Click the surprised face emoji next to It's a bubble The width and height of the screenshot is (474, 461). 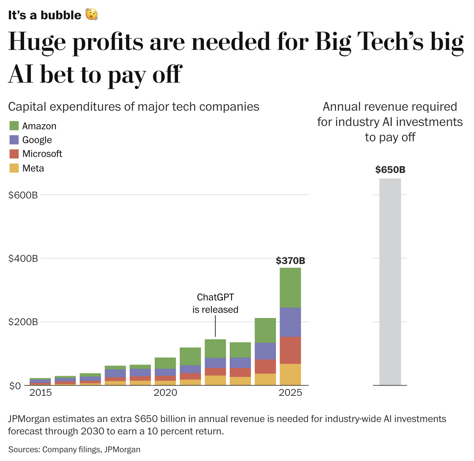[91, 15]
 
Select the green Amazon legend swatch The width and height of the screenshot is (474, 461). [14, 126]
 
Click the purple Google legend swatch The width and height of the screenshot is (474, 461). [14, 140]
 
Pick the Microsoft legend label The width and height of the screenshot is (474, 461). [42, 154]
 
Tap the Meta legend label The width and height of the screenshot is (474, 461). [33, 168]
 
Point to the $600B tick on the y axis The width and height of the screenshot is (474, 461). [23, 195]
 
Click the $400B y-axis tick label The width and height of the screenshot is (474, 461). [23, 259]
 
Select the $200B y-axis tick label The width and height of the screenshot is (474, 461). [23, 322]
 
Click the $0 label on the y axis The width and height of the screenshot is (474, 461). [16, 386]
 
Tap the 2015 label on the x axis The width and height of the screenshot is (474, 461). [40, 393]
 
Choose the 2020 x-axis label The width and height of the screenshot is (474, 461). [165, 393]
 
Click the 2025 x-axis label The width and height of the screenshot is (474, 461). [290, 393]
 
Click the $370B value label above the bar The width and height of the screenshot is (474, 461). [290, 261]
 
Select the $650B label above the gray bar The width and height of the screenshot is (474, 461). [390, 170]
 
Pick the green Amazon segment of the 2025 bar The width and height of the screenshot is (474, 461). [290, 288]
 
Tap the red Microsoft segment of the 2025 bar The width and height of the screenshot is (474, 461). [290, 350]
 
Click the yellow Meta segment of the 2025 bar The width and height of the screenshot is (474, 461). [290, 374]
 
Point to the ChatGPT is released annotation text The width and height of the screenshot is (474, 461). [215, 303]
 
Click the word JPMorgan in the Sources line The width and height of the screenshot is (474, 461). [122, 450]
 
